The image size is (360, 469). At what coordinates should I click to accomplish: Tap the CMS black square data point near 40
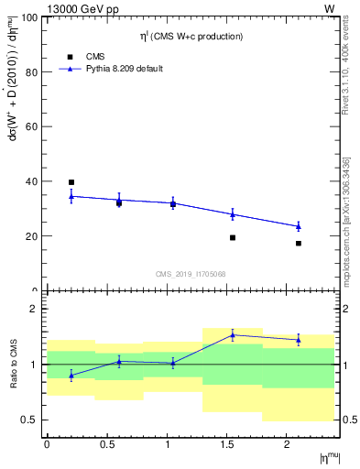[x=71, y=182]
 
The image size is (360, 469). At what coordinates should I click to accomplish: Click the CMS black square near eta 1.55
[x=233, y=237]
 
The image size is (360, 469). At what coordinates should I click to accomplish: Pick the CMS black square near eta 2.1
[x=299, y=244]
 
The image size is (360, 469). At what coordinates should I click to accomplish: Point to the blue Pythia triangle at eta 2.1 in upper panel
[x=299, y=226]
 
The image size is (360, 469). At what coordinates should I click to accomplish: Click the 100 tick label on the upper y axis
[x=29, y=18]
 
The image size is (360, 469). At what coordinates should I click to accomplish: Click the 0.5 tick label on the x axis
[x=107, y=444]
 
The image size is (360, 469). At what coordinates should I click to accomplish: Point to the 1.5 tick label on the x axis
[x=227, y=444]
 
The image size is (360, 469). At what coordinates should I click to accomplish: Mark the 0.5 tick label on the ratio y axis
[x=29, y=420]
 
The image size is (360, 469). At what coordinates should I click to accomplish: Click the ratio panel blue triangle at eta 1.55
[x=233, y=335]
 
